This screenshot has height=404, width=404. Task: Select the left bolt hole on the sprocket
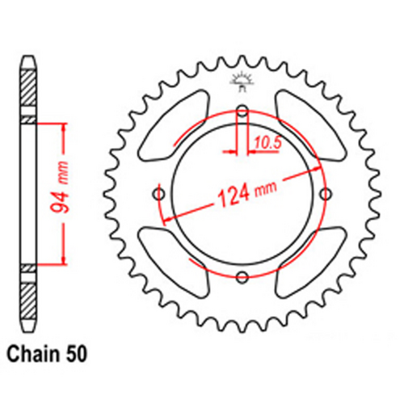coord(158,195)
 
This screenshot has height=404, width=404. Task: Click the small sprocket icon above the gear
coord(242,79)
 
